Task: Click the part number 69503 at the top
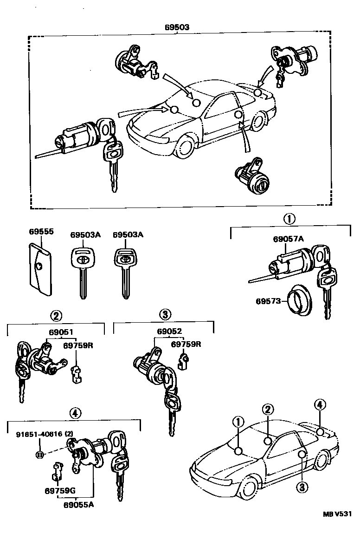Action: (x=177, y=27)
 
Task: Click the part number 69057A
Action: (x=288, y=240)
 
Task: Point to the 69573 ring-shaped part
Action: (x=299, y=301)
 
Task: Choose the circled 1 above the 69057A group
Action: (x=289, y=219)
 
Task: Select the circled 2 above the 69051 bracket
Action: (x=55, y=316)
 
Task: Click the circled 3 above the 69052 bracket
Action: (x=165, y=316)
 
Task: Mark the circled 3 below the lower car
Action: (x=302, y=486)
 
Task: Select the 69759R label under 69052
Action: (x=186, y=344)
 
